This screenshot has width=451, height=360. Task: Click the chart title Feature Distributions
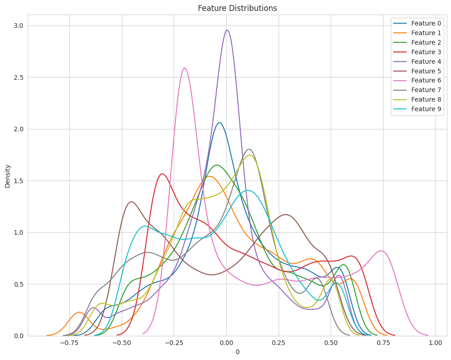(237, 8)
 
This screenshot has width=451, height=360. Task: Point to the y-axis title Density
(7, 175)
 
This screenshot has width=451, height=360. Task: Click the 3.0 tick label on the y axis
(18, 26)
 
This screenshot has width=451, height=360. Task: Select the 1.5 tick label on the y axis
(18, 181)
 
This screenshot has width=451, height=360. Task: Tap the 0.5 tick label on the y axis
(18, 284)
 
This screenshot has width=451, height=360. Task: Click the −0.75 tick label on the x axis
(69, 343)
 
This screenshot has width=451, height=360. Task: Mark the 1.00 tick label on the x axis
(435, 343)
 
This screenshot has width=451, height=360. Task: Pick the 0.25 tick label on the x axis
(278, 343)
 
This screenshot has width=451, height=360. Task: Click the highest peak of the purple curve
(227, 30)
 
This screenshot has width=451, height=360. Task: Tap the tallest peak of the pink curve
(185, 68)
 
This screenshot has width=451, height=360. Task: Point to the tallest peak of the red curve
(162, 174)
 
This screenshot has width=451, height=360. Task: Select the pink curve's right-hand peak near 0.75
(381, 251)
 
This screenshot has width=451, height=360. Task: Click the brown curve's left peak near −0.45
(131, 201)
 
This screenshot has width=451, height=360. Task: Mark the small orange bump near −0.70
(79, 312)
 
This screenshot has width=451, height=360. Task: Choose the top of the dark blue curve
(219, 123)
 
